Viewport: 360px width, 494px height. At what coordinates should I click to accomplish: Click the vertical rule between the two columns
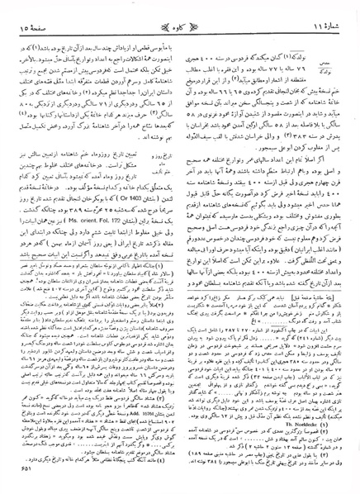point(182,248)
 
